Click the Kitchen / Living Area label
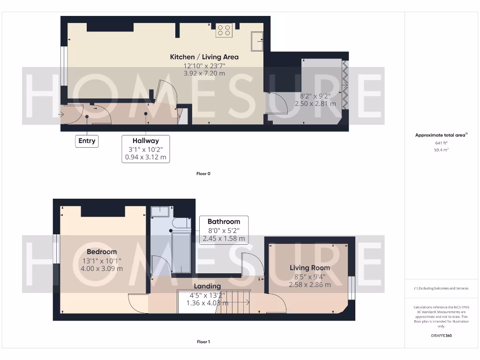click(x=204, y=57)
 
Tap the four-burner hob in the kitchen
click(x=224, y=30)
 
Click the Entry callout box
click(x=87, y=141)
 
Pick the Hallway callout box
click(x=145, y=149)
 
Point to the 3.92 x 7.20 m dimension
click(x=204, y=73)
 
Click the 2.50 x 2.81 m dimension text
click(x=315, y=103)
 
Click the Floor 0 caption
click(x=203, y=173)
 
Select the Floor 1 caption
click(x=203, y=342)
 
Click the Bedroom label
click(x=102, y=252)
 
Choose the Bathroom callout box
click(x=224, y=230)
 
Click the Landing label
click(x=207, y=286)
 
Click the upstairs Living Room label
click(x=309, y=268)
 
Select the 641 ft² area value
click(x=442, y=143)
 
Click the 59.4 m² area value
click(x=442, y=150)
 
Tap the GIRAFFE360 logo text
click(x=442, y=336)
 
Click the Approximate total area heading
click(x=441, y=135)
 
